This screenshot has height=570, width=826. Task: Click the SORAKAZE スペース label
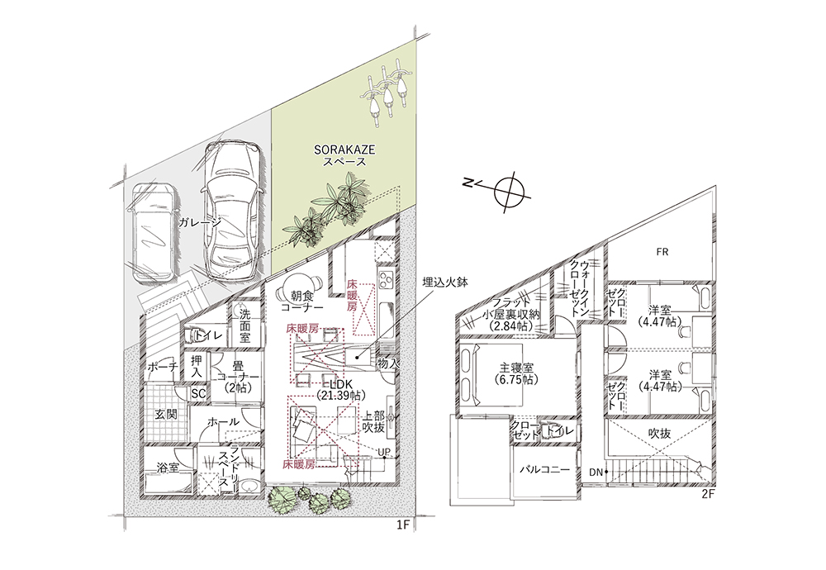(344, 155)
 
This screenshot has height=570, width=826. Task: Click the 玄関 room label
(165, 414)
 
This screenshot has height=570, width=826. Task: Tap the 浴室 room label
(168, 468)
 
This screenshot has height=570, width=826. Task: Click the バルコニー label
(544, 469)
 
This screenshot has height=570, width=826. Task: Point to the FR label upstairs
(662, 252)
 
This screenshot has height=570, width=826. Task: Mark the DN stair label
(596, 473)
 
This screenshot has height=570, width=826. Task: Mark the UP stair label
(384, 452)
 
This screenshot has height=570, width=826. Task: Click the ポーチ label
(163, 366)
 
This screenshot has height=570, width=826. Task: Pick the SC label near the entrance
(198, 393)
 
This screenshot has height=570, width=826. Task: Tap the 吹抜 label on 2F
(659, 434)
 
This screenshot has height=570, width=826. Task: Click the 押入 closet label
(197, 366)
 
